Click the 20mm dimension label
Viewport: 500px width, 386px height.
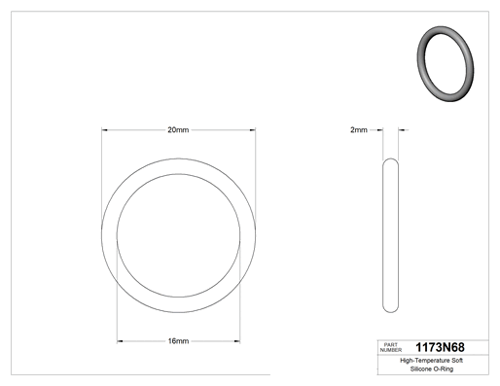tap(178, 130)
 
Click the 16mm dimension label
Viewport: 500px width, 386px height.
tap(178, 341)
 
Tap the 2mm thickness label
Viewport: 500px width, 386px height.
tap(359, 130)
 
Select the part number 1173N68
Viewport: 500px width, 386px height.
tap(440, 347)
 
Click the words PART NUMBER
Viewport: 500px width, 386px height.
tap(391, 347)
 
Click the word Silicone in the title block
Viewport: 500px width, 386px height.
tap(421, 368)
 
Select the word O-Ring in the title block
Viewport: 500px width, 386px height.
tap(444, 369)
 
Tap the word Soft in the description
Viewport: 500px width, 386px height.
tap(457, 361)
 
